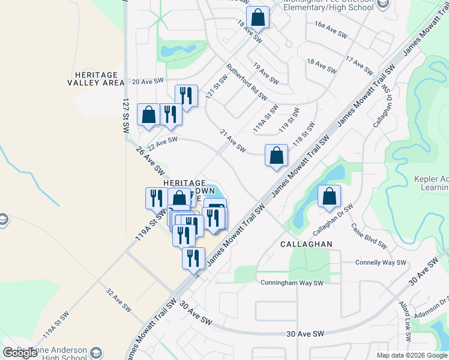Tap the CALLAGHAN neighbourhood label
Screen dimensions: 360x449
[x=306, y=245]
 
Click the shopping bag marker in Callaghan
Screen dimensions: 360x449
[x=330, y=196]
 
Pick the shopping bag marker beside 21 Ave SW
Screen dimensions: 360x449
[x=276, y=156]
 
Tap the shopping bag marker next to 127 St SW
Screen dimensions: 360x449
[x=148, y=115]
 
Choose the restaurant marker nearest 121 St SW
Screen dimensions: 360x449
[x=186, y=95]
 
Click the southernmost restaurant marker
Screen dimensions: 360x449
[x=193, y=259]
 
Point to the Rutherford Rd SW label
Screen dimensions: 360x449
[x=247, y=82]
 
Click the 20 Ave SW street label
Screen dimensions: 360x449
[x=148, y=81]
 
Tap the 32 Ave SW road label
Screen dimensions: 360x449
[x=118, y=300]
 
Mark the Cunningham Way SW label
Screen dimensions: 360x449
[x=292, y=283]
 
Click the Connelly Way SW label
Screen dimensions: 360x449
[x=381, y=263]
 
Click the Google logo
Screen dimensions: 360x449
[x=20, y=353]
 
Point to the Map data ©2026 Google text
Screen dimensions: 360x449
[x=411, y=355]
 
